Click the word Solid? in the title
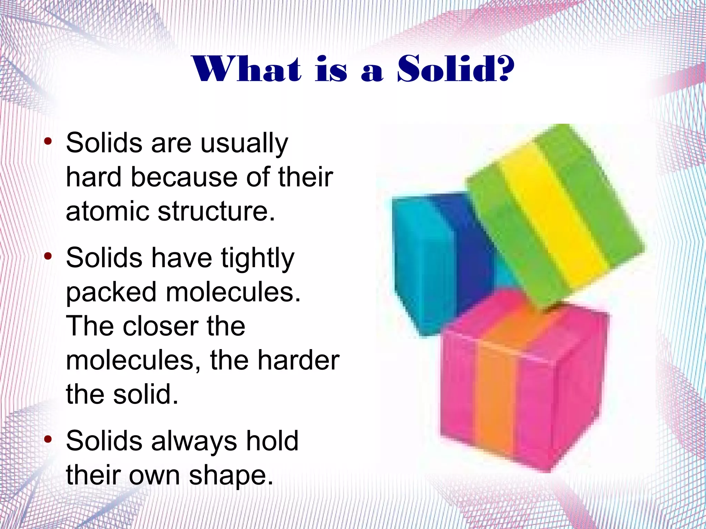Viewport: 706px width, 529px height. (x=456, y=69)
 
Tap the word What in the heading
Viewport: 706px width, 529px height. (x=247, y=69)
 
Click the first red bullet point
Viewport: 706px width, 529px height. (x=48, y=141)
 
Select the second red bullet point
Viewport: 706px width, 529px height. (x=48, y=256)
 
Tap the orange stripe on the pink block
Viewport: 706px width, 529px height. (x=496, y=389)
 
